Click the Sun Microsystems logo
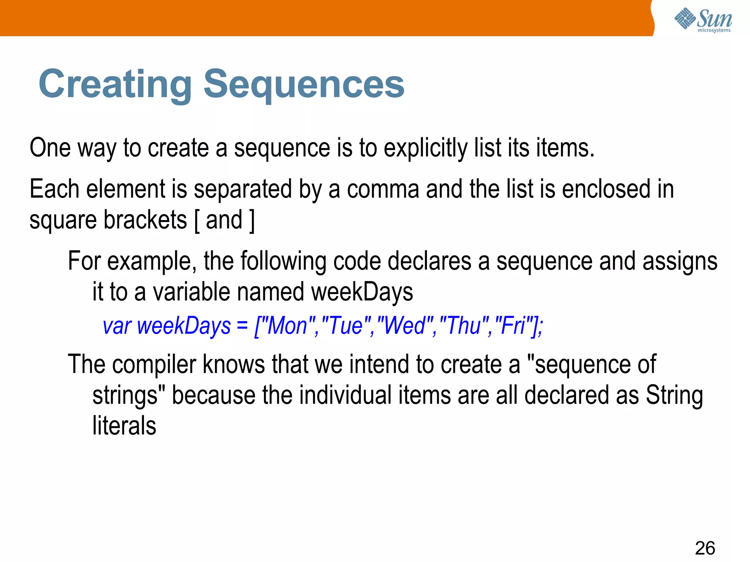703,20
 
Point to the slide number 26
705,548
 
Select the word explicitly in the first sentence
425,149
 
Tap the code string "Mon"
288,325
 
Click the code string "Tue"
346,325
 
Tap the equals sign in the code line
242,326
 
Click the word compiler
154,364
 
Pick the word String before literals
674,396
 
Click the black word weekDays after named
362,292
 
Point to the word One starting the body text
50,148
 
